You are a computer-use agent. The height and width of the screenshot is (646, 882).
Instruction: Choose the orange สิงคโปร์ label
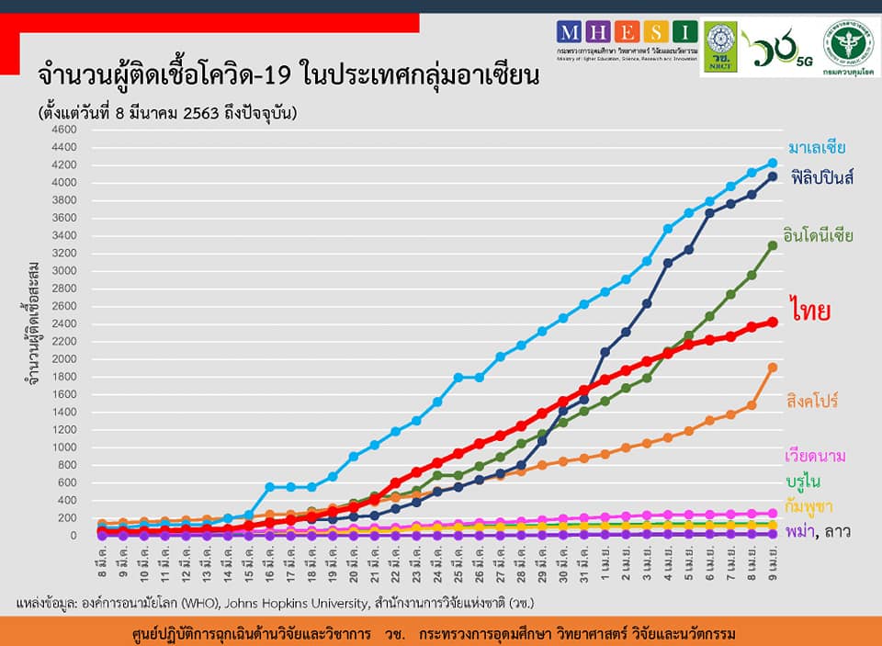tap(812, 402)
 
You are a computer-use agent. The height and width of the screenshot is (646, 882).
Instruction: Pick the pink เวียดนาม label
tap(815, 456)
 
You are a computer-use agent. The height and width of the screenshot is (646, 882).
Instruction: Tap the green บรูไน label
tap(803, 482)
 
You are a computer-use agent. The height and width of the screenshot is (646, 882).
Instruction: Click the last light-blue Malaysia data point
tap(773, 163)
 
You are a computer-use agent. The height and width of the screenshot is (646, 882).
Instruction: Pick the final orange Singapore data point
tap(773, 368)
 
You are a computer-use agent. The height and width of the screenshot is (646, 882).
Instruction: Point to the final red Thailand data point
tap(773, 322)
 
